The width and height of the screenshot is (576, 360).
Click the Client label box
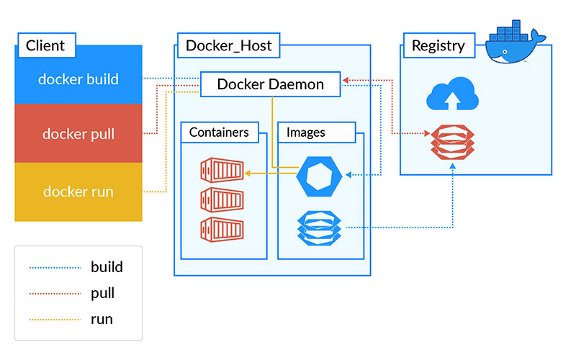pos(45,46)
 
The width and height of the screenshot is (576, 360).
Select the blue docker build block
pos(78,78)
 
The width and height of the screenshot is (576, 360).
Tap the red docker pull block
pos(78,134)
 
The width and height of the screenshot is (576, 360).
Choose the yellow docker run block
pos(78,192)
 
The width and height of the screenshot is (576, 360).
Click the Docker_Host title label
pos(228,46)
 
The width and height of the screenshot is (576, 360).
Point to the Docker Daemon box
pos(270,84)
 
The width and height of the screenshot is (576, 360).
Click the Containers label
pos(219,132)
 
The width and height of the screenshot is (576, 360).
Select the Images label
pos(306,132)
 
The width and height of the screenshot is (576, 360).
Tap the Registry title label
pos(438,46)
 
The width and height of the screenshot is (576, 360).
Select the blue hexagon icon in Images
pos(317,175)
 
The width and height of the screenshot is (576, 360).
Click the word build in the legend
pos(107,267)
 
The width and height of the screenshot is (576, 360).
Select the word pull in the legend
pos(103,294)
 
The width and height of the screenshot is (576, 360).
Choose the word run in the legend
pos(102,319)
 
